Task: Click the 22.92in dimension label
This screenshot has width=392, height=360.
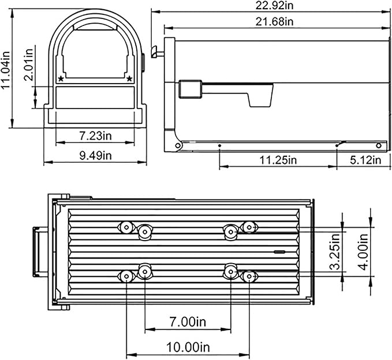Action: (x=271, y=5)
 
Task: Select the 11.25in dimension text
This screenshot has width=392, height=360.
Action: (x=278, y=160)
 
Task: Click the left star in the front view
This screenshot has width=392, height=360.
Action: (x=61, y=78)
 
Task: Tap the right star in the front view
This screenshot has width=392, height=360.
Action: (x=129, y=78)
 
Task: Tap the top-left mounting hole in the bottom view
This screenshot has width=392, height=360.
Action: (x=125, y=227)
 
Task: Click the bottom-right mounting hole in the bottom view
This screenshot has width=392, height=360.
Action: (x=248, y=276)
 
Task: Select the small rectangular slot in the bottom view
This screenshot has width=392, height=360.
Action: (x=279, y=252)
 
